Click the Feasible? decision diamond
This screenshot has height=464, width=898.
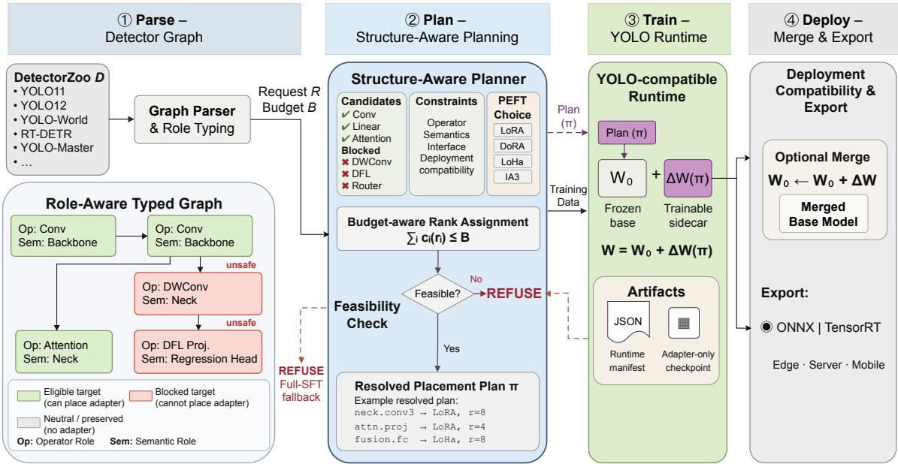438,294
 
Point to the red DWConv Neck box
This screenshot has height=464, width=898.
198,294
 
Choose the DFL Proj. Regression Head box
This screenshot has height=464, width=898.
198,351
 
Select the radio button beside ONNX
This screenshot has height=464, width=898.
766,327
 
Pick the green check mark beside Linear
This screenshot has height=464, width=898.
346,126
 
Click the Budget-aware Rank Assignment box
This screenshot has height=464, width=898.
438,229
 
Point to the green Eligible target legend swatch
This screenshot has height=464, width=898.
28,394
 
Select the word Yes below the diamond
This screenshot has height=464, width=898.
452,348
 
